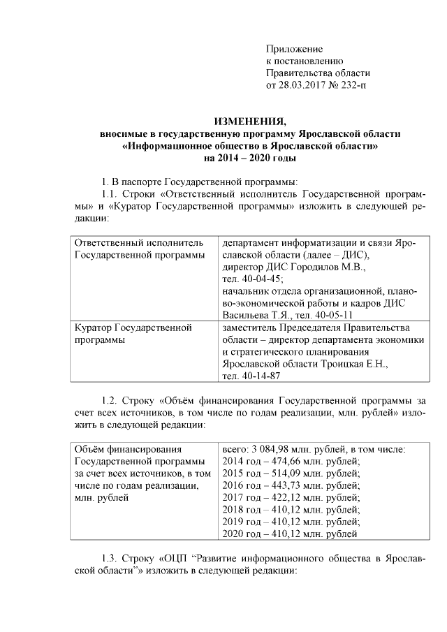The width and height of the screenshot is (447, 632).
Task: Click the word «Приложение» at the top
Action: coord(295,48)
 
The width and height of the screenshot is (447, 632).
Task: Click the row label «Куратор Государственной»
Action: coord(132,328)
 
